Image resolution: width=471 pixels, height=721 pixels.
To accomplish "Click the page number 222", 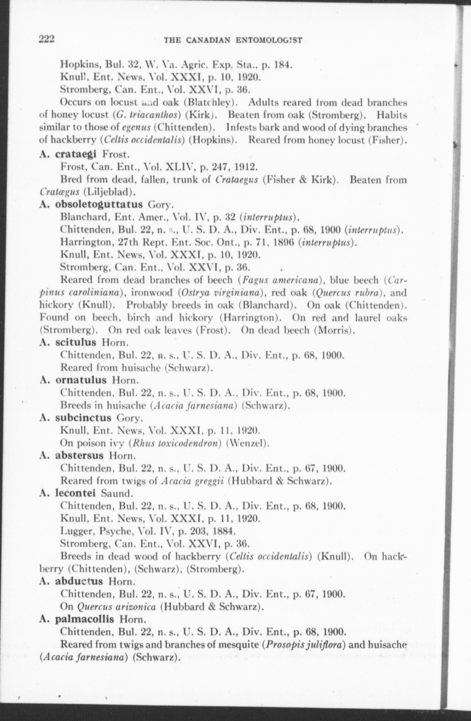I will [46, 39].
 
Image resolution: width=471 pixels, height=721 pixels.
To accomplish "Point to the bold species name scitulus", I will [76, 342].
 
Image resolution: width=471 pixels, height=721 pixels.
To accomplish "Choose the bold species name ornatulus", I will [81, 380].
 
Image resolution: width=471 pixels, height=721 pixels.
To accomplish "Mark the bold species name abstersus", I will [79, 456].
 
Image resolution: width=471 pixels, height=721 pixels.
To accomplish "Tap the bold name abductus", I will [79, 581].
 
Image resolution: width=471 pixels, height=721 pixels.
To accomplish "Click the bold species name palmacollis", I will [85, 619].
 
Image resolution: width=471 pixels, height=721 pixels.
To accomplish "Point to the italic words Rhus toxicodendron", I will [175, 443].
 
